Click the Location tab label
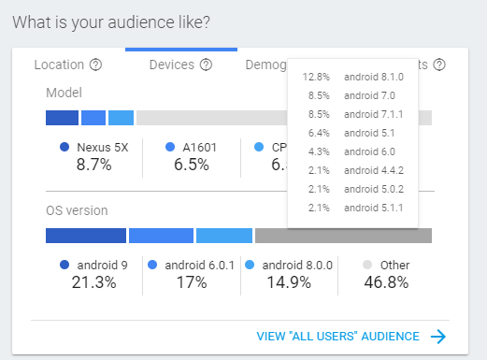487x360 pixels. (59, 65)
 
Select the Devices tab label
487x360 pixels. (172, 65)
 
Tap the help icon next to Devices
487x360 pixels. (206, 65)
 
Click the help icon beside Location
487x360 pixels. (95, 65)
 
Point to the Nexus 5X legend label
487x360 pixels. (102, 147)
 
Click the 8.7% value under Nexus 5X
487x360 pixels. (93, 165)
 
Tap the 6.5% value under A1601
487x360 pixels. (191, 165)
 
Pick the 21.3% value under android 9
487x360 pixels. (93, 282)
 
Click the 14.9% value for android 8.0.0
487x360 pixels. (288, 282)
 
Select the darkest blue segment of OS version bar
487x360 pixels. (85, 236)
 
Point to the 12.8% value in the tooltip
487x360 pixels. (317, 77)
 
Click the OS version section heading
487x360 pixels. (77, 210)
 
